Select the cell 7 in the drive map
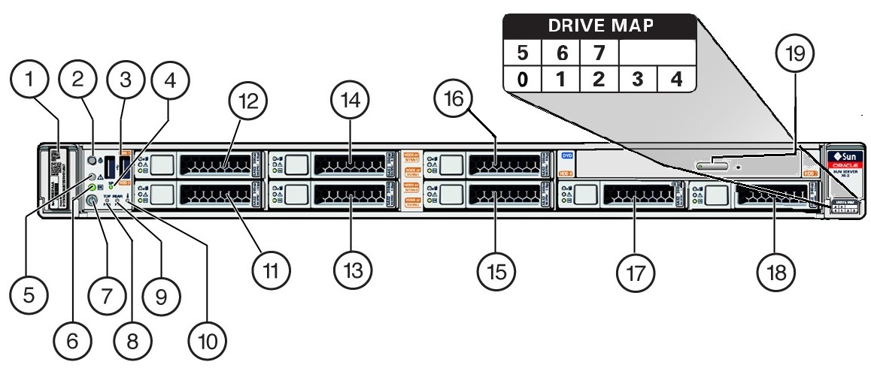point(599,55)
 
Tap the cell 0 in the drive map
point(521,80)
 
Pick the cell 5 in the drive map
point(521,55)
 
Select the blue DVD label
point(568,155)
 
